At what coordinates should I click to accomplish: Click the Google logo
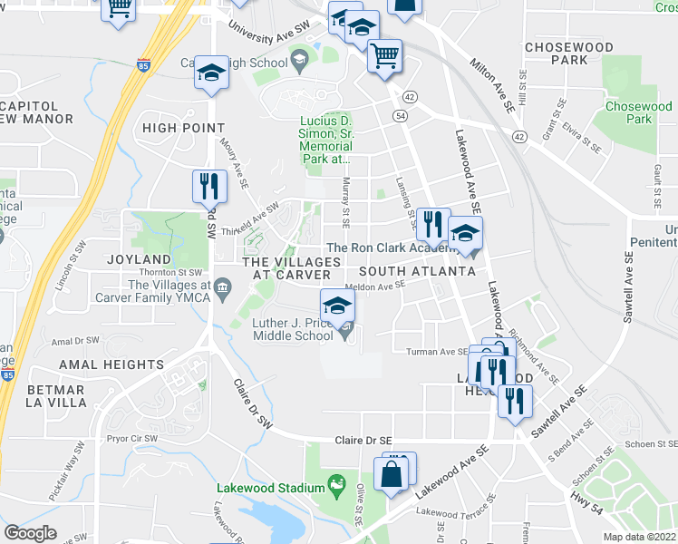[x=30, y=533]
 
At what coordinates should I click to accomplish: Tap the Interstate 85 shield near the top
[x=144, y=65]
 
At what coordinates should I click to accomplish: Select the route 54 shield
[x=400, y=115]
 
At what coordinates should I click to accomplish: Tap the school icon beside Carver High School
[x=211, y=74]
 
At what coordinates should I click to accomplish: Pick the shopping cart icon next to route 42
[x=384, y=56]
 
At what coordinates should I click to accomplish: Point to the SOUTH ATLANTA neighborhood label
[x=416, y=271]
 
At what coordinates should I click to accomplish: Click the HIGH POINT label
[x=183, y=128]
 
